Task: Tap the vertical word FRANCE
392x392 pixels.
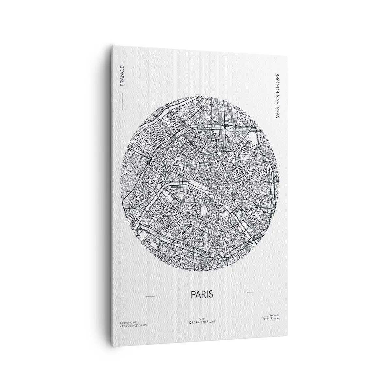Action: (x=122, y=76)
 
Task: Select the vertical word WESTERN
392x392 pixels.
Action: (x=277, y=104)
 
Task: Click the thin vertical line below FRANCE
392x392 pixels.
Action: (x=122, y=101)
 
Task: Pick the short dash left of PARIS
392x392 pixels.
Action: (x=150, y=296)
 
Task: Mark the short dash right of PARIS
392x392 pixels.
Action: (x=251, y=292)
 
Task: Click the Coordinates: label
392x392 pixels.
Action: (x=128, y=322)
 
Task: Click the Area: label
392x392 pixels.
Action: (x=201, y=318)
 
